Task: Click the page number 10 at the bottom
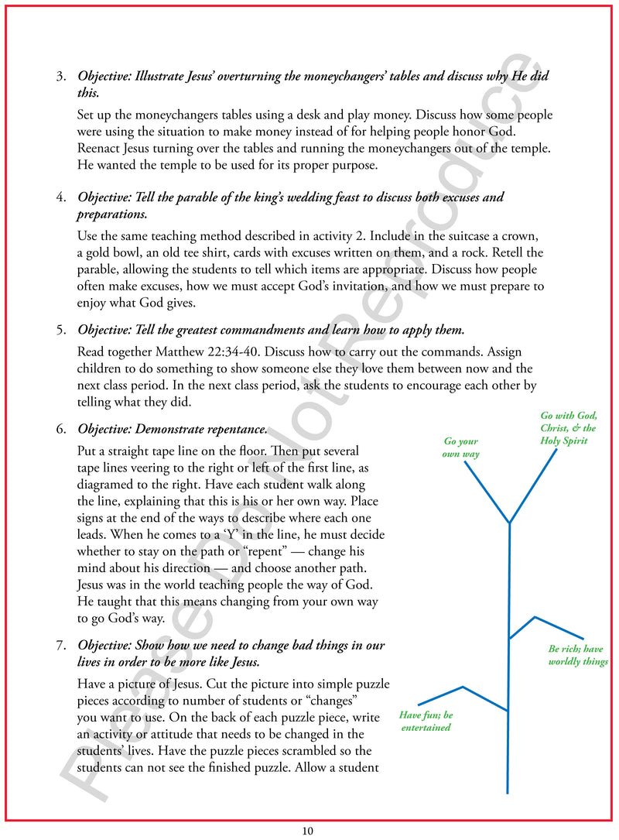pos(307,831)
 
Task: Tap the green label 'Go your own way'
pos(460,447)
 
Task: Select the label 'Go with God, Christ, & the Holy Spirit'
pos(568,428)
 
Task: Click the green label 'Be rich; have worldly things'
pos(577,655)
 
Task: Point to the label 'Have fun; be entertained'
pos(426,721)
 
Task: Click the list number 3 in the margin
pos(60,77)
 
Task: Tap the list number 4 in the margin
pos(60,197)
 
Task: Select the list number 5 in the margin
pos(60,331)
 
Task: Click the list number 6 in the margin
pos(60,429)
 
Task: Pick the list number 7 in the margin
pos(60,646)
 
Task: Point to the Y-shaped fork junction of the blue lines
pos(509,523)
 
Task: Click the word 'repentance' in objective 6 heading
pos(235,429)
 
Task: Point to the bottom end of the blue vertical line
pos(508,792)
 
